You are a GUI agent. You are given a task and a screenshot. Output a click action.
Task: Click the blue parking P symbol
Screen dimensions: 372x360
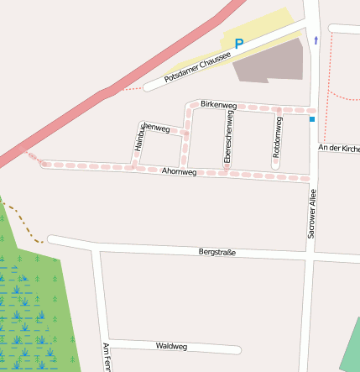click(x=239, y=44)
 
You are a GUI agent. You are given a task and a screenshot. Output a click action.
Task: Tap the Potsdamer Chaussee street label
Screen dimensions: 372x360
click(x=197, y=65)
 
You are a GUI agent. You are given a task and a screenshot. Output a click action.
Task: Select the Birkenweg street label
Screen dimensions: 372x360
click(x=219, y=105)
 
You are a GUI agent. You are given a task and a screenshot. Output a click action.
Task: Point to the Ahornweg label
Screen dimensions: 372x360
click(x=179, y=171)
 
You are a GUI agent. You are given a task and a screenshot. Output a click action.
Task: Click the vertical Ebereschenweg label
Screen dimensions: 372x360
click(x=227, y=138)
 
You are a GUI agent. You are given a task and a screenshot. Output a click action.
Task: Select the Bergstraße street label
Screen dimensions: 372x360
click(x=217, y=252)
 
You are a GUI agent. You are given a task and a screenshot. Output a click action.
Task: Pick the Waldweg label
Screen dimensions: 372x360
click(x=171, y=346)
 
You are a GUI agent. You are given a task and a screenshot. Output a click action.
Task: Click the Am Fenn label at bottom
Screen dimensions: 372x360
click(x=106, y=358)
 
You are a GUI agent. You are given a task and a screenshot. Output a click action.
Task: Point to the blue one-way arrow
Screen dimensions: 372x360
click(x=316, y=39)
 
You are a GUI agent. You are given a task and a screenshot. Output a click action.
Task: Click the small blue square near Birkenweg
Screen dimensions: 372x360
click(x=312, y=120)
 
